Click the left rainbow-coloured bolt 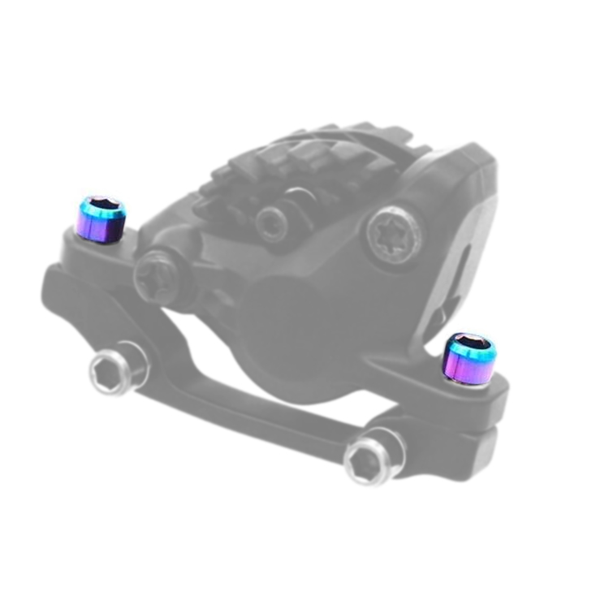click(x=101, y=220)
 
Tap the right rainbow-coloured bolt click(x=470, y=359)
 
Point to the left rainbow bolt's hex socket click(x=102, y=205)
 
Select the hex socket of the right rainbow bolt click(x=472, y=342)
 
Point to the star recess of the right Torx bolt click(x=394, y=235)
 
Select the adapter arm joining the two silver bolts click(x=244, y=406)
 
